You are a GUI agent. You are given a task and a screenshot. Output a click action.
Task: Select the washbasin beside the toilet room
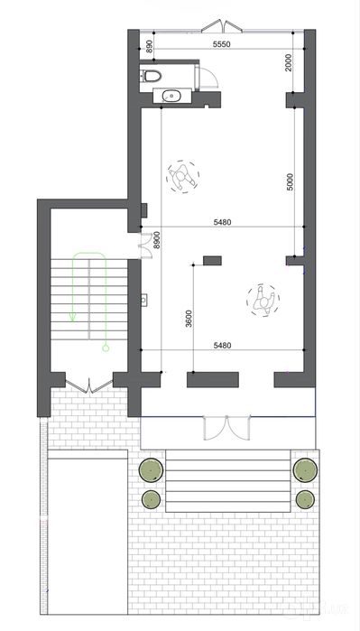(x=172, y=97)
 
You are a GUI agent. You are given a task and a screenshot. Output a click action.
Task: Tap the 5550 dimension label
(x=222, y=44)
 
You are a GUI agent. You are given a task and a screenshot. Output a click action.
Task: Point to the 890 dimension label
(x=149, y=46)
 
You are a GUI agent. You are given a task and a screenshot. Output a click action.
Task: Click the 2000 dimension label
(x=289, y=62)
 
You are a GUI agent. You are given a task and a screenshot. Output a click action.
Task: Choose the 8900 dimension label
(x=157, y=242)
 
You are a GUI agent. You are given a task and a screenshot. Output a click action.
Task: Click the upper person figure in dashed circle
(x=183, y=176)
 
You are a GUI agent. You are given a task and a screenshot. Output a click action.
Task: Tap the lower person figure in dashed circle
(x=263, y=301)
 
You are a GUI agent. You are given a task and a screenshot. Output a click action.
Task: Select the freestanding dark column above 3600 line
(x=212, y=261)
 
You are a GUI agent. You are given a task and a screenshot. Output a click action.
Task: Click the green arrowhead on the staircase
(x=72, y=317)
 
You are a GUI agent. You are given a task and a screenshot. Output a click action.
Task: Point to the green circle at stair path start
(x=106, y=348)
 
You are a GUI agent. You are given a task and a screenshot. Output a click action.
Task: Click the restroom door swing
(x=208, y=78)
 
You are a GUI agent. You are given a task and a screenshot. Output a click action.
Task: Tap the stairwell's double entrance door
(x=89, y=385)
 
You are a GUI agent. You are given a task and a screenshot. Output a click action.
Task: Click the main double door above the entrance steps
(x=227, y=427)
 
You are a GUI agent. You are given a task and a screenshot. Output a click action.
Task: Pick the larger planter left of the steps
(x=152, y=470)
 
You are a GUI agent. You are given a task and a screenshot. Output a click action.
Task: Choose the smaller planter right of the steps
(x=304, y=499)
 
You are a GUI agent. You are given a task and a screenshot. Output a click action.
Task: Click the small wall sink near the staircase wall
(x=144, y=300)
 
